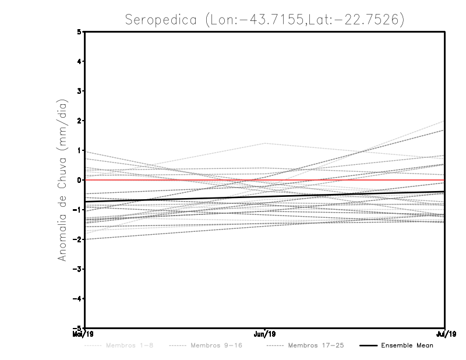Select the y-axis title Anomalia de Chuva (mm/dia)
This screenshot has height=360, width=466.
point(62,180)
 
